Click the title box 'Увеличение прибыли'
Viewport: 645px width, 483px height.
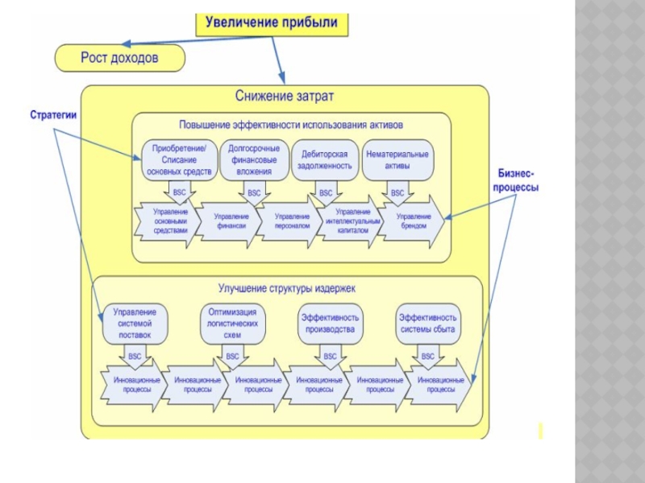(x=273, y=23)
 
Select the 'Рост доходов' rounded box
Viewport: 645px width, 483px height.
(x=119, y=58)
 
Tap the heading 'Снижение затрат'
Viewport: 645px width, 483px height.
(x=285, y=97)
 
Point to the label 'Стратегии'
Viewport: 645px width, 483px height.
(x=53, y=115)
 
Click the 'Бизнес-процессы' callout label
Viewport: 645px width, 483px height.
(x=517, y=180)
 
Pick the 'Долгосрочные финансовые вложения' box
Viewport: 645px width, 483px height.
(x=254, y=159)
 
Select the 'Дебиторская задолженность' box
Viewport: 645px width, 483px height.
(x=326, y=159)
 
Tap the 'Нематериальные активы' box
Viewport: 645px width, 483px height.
(x=397, y=159)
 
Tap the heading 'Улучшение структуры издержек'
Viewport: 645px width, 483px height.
(x=286, y=287)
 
